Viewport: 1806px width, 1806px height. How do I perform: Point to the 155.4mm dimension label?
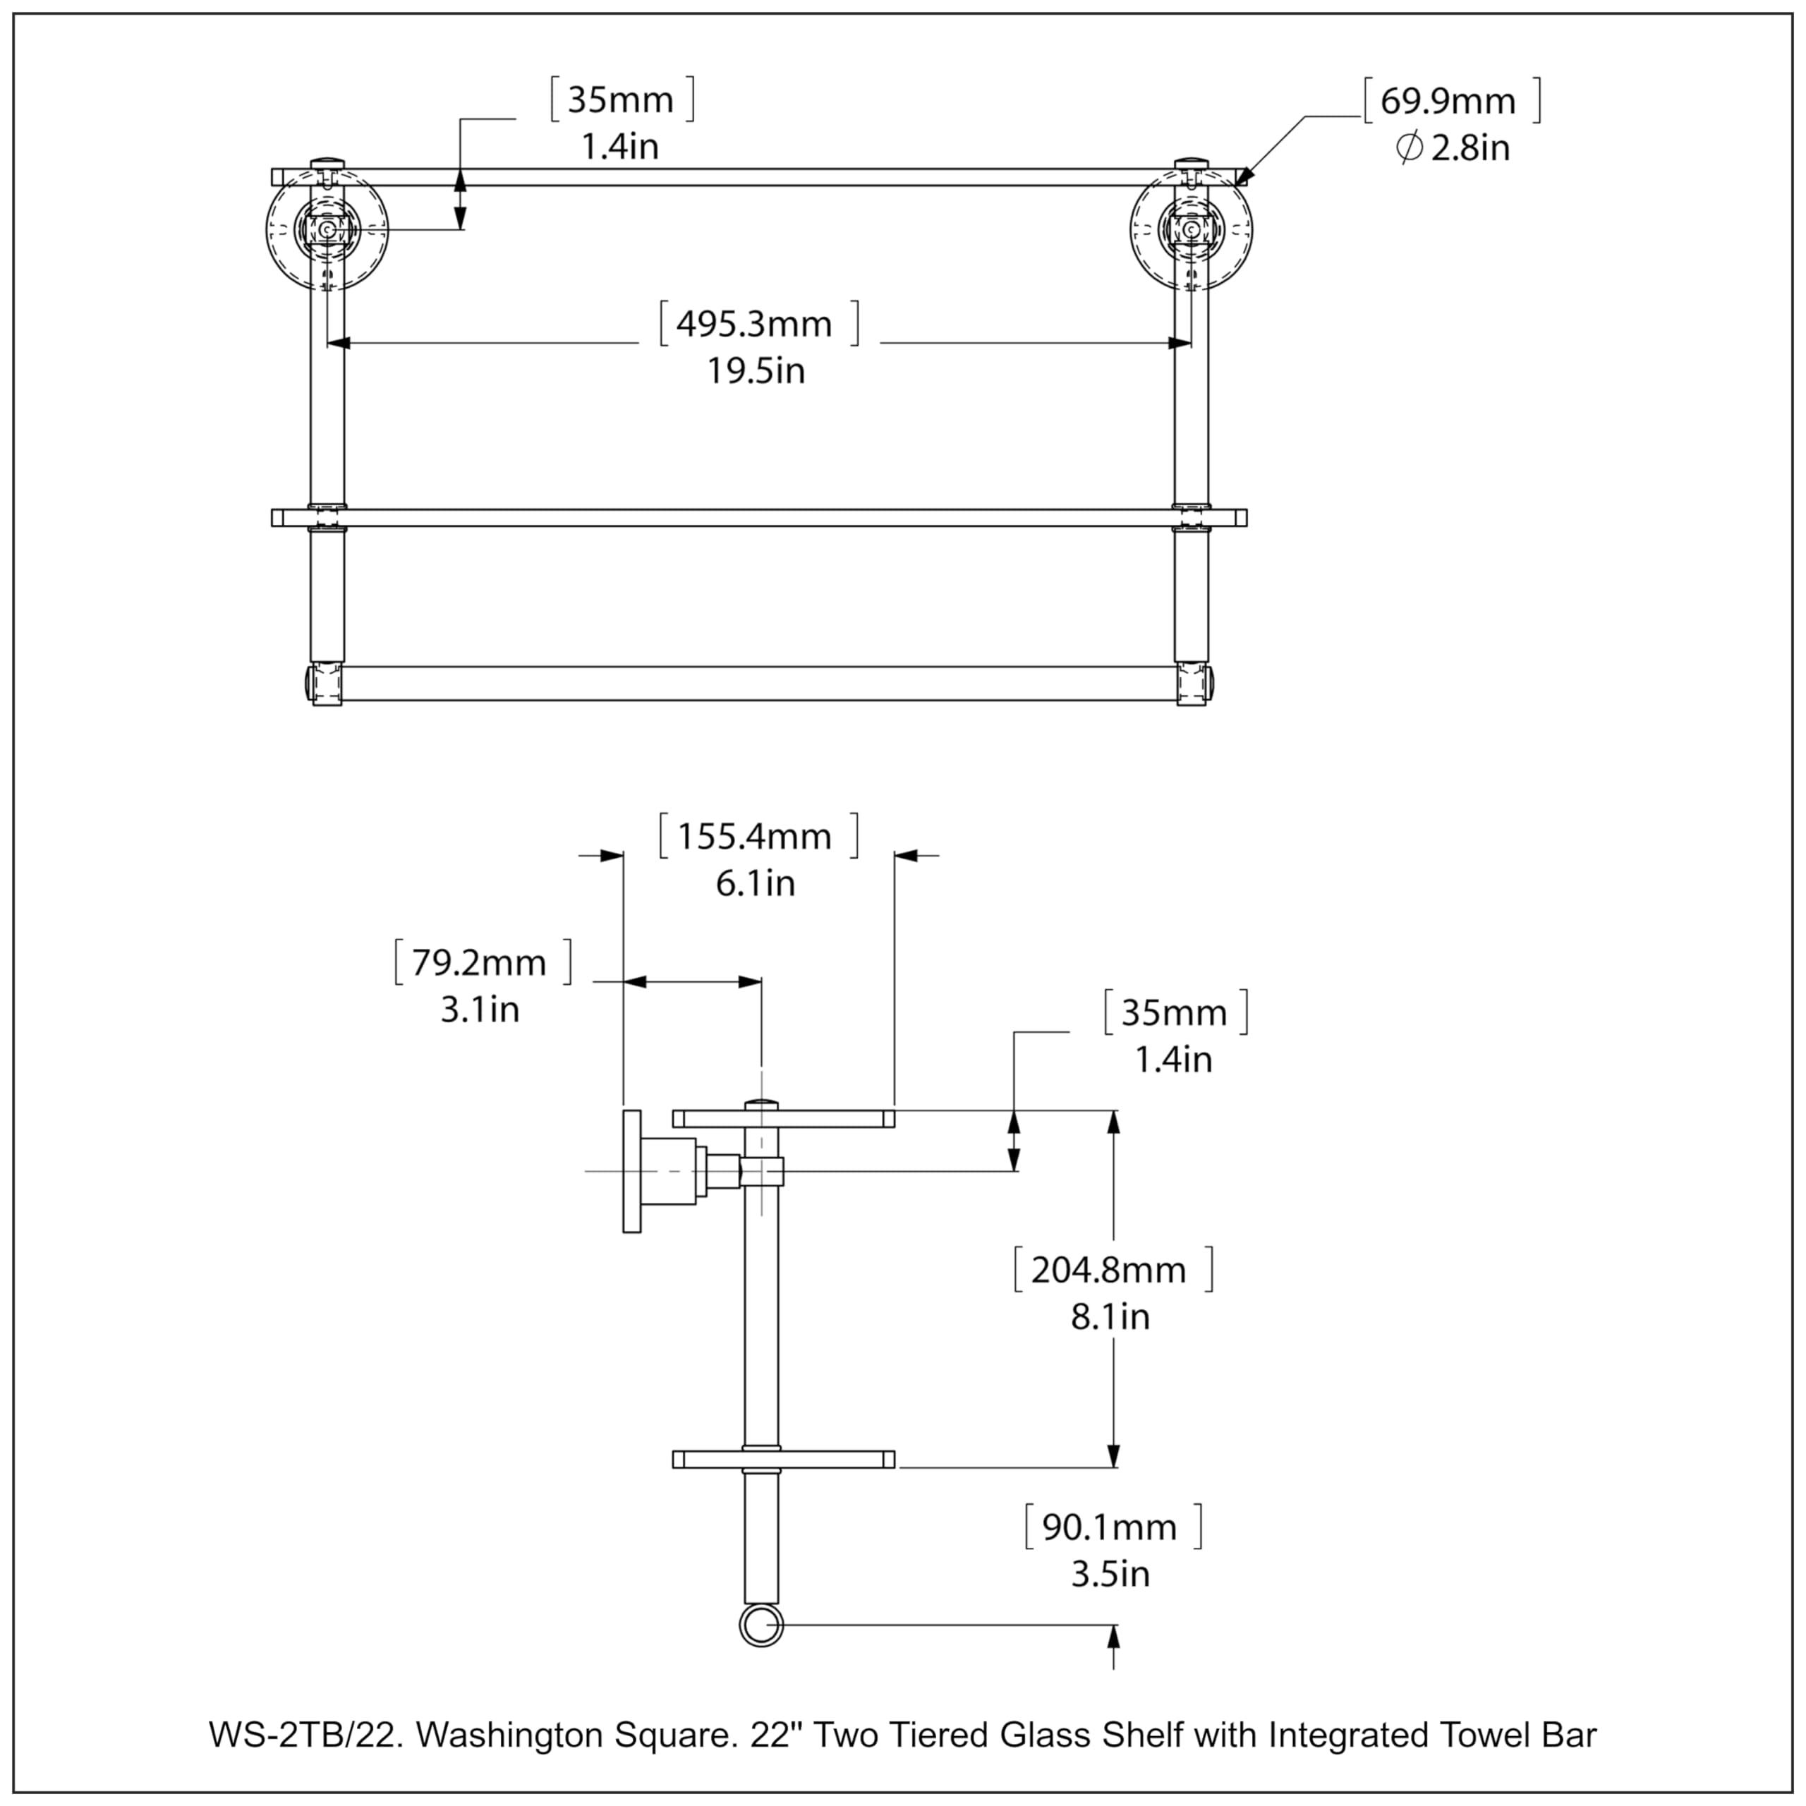(x=754, y=837)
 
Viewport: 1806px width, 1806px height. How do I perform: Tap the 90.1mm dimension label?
(x=1110, y=1527)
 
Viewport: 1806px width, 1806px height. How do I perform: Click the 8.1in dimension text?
(x=1110, y=1317)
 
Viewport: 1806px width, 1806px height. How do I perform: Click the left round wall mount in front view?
(x=327, y=229)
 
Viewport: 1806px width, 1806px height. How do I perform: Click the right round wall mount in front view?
(x=1191, y=229)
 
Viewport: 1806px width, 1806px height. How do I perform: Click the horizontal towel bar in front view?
(x=757, y=684)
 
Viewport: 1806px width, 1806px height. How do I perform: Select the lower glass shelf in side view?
(x=783, y=1459)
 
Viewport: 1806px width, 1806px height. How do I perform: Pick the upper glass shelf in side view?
(x=783, y=1119)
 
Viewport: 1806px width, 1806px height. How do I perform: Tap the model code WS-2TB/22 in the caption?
(x=305, y=1735)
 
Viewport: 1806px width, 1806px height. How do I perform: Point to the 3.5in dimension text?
(x=1110, y=1574)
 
